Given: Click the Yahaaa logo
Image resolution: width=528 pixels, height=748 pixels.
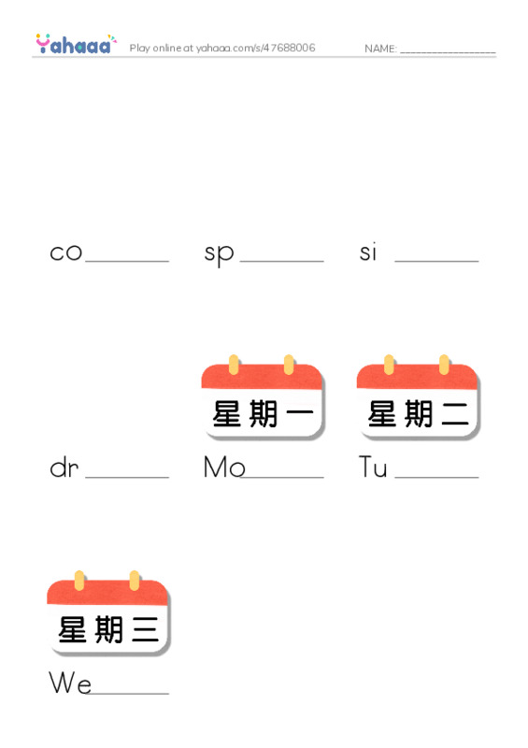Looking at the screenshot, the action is point(76,44).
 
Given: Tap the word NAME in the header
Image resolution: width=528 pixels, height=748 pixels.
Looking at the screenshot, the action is point(380,49).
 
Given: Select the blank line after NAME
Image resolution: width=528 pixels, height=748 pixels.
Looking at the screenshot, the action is point(448,52).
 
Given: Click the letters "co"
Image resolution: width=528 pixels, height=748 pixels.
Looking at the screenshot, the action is point(65,252).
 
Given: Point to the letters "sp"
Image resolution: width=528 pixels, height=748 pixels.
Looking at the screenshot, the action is point(219,254).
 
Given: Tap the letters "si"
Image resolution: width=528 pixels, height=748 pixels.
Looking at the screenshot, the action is point(368,252).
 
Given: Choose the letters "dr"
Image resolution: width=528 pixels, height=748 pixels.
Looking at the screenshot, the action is point(64,467).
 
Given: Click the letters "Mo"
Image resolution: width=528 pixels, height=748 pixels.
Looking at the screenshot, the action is point(224,467).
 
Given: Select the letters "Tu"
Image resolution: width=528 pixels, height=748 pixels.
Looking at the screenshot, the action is point(373,467).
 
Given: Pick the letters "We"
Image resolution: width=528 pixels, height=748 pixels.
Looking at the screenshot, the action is point(70,683).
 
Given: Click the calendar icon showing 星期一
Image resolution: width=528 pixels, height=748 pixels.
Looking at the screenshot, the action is point(263,396).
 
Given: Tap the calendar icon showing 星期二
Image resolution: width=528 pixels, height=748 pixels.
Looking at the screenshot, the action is point(419,396).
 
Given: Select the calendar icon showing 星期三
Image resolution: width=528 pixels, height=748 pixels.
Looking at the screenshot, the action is point(108,612).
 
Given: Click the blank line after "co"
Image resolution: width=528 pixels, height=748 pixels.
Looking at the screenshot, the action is point(127,261).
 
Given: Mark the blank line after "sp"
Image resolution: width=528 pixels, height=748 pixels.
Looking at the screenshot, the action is point(282,261).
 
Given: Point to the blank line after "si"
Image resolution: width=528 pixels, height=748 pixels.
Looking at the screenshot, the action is point(437,261).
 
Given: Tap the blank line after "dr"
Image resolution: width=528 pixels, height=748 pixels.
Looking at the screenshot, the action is point(127,477).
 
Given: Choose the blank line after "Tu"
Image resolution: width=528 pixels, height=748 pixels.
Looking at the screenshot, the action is point(437,477).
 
